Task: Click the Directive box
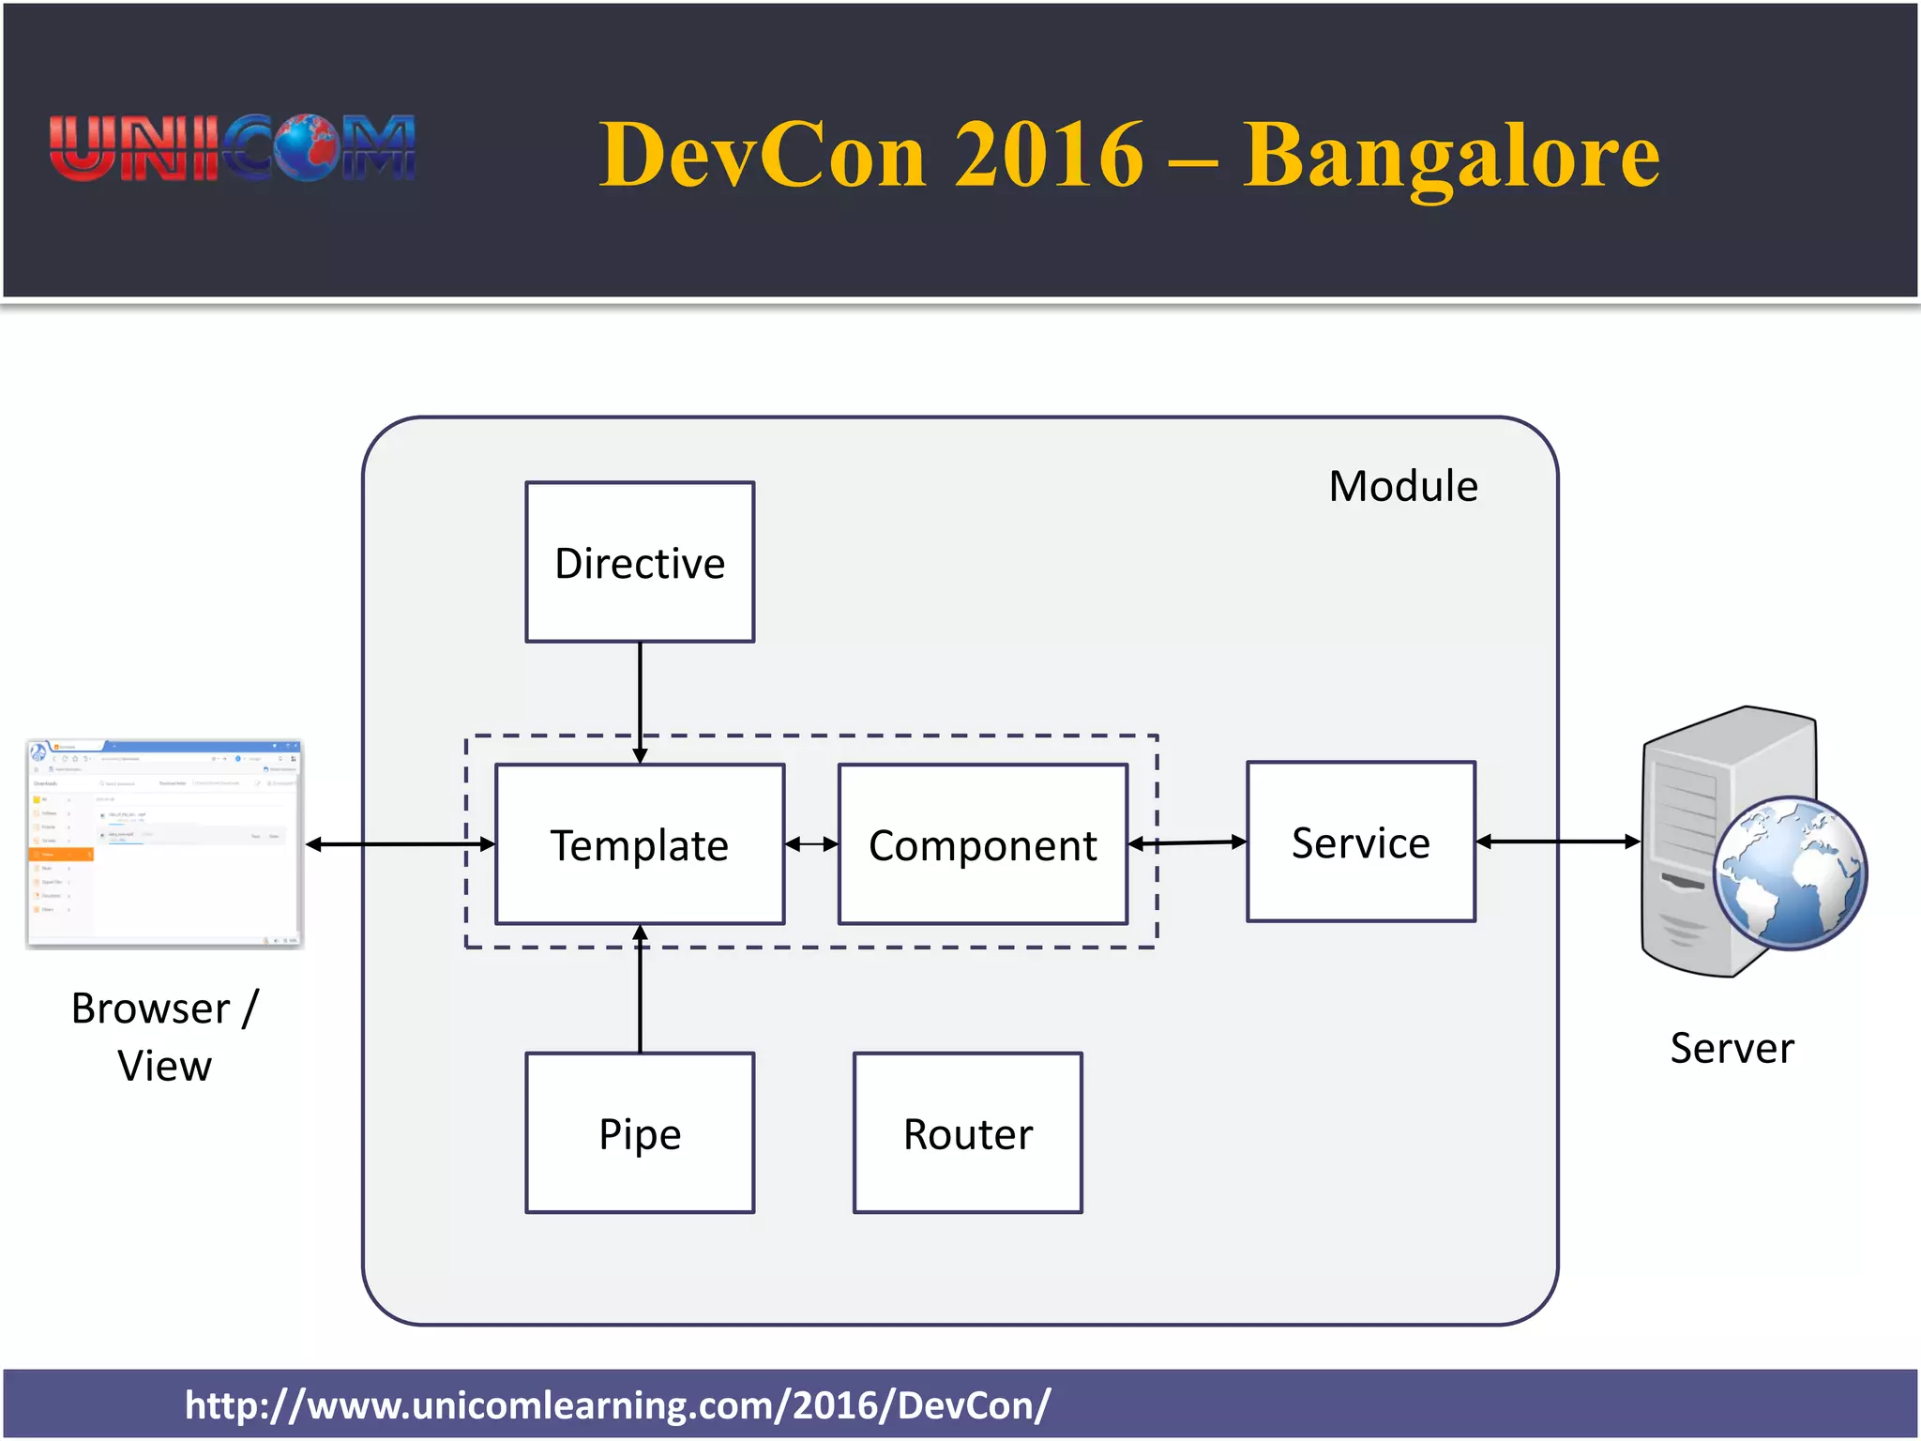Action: pos(640,562)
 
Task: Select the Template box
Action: pos(640,844)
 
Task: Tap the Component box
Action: pos(982,844)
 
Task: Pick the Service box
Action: pos(1360,842)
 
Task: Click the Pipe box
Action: pos(640,1132)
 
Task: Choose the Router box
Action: pos(967,1132)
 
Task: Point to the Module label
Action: pos(1402,486)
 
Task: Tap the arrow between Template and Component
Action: pos(811,844)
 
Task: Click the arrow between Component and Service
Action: pos(1187,842)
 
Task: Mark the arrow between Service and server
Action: pos(1557,842)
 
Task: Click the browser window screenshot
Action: pos(164,842)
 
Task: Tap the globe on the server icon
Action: pos(1789,872)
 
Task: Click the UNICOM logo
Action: pos(232,148)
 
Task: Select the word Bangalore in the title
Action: pos(1451,155)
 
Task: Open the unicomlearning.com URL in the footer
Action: pos(617,1404)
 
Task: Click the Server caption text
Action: pos(1731,1047)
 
